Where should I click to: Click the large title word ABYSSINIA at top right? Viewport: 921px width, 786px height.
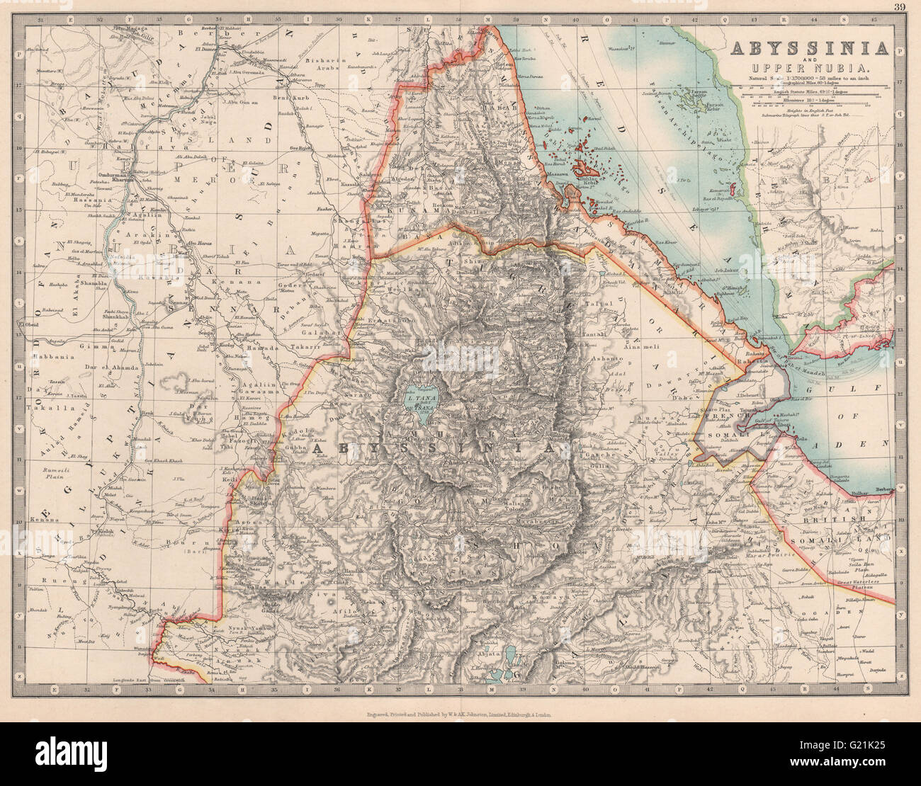tap(809, 48)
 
